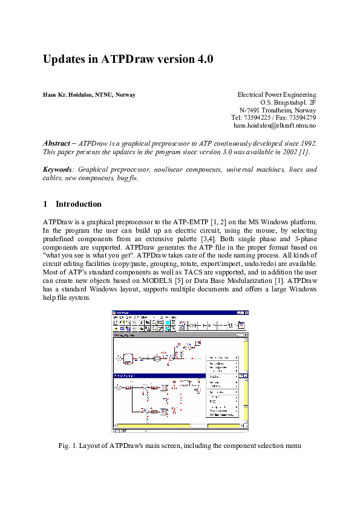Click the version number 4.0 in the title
click(201, 60)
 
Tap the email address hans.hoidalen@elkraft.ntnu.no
click(275, 125)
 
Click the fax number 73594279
click(302, 117)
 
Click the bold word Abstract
click(56, 143)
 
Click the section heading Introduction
click(79, 204)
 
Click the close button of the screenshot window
click(246, 312)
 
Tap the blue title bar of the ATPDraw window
click(175, 312)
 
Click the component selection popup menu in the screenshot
click(222, 386)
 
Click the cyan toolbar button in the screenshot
click(168, 323)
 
